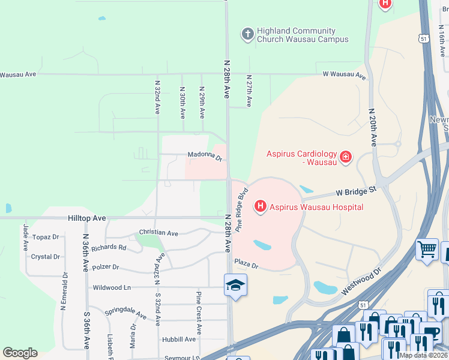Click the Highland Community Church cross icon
pyautogui.click(x=247, y=34)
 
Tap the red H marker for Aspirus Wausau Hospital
pyautogui.click(x=261, y=207)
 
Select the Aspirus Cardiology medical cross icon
pyautogui.click(x=345, y=158)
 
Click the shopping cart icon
pyautogui.click(x=427, y=248)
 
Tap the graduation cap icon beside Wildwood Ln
pyautogui.click(x=235, y=284)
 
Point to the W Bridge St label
pyautogui.click(x=356, y=191)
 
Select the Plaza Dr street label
pyautogui.click(x=246, y=263)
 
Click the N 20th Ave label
pyautogui.click(x=373, y=127)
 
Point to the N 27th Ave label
pyautogui.click(x=249, y=91)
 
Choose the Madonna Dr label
pyautogui.click(x=205, y=157)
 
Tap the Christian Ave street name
pyautogui.click(x=158, y=232)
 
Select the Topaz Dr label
pyautogui.click(x=46, y=237)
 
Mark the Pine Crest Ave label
pyautogui.click(x=198, y=313)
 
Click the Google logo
pyautogui.click(x=20, y=352)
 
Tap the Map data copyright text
pyautogui.click(x=423, y=355)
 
